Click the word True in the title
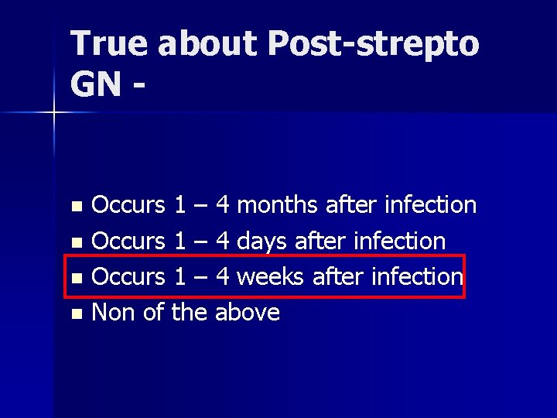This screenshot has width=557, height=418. point(108,45)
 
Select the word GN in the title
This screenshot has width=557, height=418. point(94,84)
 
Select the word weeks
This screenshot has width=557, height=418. point(271,276)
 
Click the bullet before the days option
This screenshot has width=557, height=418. point(75,242)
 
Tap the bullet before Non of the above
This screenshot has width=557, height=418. point(75,313)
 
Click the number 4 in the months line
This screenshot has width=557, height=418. point(223,205)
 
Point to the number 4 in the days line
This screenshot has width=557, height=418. point(223,241)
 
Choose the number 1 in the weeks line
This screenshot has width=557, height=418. point(179,276)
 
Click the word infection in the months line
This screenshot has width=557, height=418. point(429,205)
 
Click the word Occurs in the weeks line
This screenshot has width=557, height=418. point(128,276)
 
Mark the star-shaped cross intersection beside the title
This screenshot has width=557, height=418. point(54,113)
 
